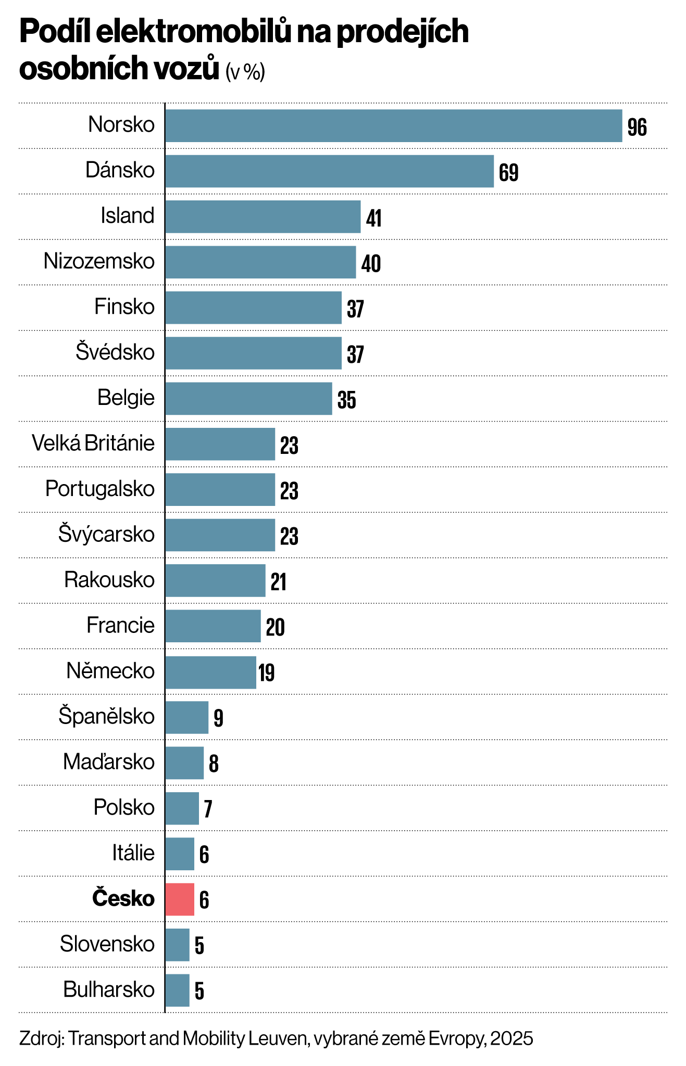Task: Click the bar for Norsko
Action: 393,125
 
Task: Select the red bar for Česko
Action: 180,899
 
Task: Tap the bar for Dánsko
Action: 329,171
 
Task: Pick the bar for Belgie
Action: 248,398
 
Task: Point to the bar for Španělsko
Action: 186,717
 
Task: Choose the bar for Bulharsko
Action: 177,990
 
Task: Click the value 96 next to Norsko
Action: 637,128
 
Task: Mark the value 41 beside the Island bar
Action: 373,219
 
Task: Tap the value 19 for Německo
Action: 266,673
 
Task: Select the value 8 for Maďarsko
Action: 214,764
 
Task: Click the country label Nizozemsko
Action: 99,261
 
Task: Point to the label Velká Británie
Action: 93,443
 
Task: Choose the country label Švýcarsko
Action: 106,535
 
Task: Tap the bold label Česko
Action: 123,899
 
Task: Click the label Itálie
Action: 133,853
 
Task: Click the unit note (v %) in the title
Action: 245,72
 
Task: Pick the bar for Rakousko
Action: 215,580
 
